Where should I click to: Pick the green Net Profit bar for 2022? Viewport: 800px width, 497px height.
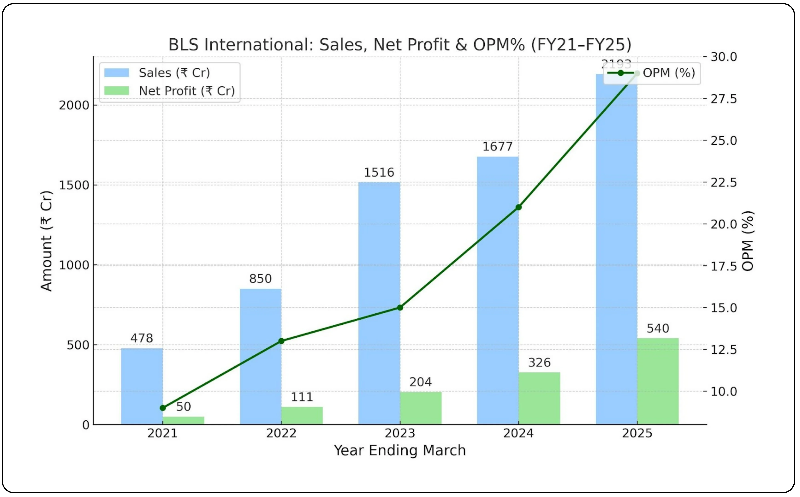click(302, 416)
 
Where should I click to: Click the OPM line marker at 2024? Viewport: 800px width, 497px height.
click(518, 207)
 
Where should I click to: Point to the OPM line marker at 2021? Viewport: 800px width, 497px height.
click(163, 408)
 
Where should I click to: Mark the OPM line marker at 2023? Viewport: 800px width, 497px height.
click(400, 308)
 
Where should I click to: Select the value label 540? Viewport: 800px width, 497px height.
click(658, 328)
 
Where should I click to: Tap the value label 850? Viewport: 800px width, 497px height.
click(260, 279)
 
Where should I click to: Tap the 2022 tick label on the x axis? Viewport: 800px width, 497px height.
click(281, 433)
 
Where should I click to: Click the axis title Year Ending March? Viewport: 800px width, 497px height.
click(400, 450)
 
